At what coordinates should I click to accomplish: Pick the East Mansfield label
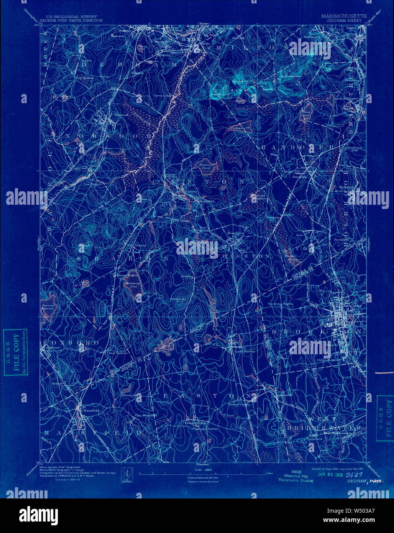pos(146,415)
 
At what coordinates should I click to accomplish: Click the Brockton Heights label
pos(280,304)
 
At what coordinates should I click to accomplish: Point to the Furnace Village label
pos(197,423)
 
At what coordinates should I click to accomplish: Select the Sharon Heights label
pos(126,275)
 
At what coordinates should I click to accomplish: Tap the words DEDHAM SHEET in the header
pos(344,20)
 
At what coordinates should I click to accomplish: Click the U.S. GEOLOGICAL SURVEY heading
pos(71,16)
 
